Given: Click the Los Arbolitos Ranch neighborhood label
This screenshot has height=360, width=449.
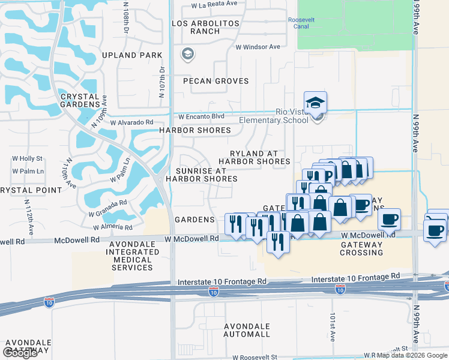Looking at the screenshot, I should (205, 28).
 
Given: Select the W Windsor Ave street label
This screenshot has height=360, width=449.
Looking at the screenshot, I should (258, 46).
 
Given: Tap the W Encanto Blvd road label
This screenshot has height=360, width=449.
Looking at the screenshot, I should (202, 116).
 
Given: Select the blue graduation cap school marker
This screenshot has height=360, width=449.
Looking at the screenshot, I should (315, 103).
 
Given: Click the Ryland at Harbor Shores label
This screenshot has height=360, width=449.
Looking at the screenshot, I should (254, 157).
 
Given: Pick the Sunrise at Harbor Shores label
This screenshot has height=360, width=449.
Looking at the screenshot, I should (202, 175).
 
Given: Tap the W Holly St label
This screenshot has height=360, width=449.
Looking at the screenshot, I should (28, 159).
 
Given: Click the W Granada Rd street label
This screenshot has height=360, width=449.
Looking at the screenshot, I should (107, 207).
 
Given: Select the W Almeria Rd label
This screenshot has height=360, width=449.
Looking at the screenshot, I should (113, 227).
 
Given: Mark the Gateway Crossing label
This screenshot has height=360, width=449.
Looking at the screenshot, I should (361, 248).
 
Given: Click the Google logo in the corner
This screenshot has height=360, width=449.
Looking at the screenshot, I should (20, 353).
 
